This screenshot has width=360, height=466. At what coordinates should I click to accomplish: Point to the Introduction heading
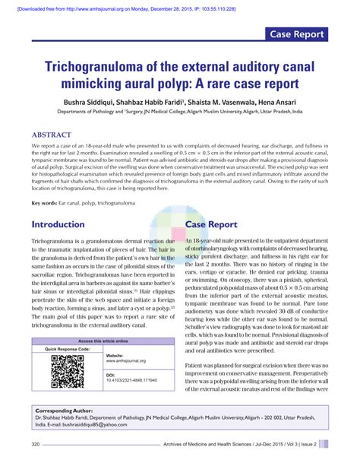(x=58, y=225)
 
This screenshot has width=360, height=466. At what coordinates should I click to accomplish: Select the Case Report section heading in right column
(x=216, y=225)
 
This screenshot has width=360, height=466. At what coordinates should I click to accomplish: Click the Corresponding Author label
(x=65, y=410)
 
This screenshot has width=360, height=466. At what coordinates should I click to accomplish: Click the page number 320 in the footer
(x=36, y=444)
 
